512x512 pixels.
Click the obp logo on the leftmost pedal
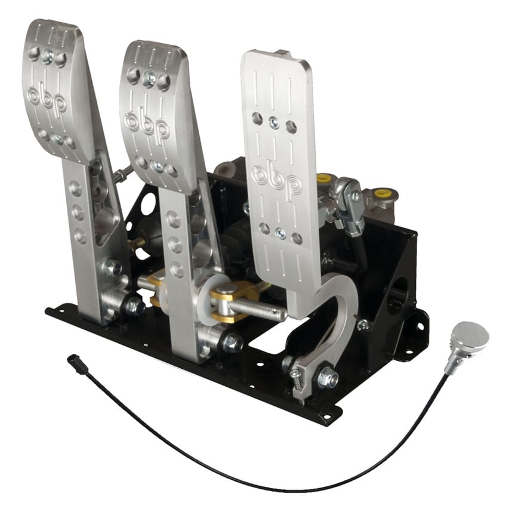[x=48, y=99]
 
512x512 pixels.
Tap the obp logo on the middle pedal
[x=147, y=125]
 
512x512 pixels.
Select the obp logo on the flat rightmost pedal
[x=276, y=179]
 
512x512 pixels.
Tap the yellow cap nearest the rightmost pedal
[x=325, y=179]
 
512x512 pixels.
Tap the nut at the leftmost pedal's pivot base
[x=133, y=307]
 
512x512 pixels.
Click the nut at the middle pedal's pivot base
[x=232, y=343]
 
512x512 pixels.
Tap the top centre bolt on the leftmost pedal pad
[x=47, y=57]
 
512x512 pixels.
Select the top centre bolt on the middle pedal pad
[x=148, y=78]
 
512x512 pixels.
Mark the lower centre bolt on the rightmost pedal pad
[x=280, y=234]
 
